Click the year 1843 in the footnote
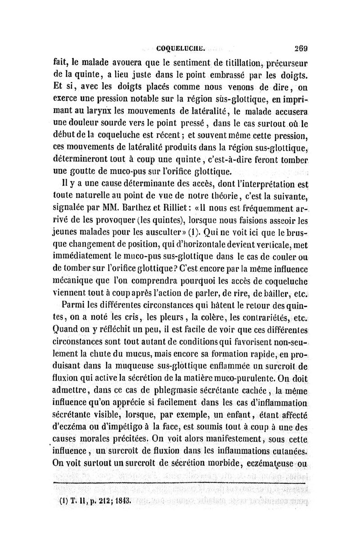coord(120,500)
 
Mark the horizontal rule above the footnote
coord(180,482)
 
